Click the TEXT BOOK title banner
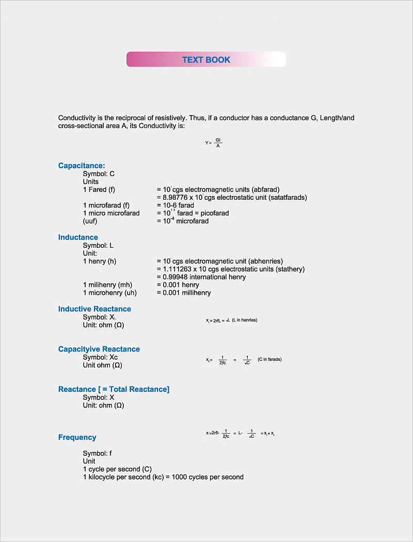pyautogui.click(x=206, y=59)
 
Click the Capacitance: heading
pyautogui.click(x=82, y=166)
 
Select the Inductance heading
pyautogui.click(x=78, y=237)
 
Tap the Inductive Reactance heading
pyautogui.click(x=94, y=309)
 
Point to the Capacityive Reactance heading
pyautogui.click(x=99, y=349)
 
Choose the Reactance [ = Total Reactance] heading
pyautogui.click(x=114, y=389)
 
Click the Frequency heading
pyautogui.click(x=77, y=437)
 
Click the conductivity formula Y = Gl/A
pyautogui.click(x=213, y=142)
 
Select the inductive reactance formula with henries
pyautogui.click(x=231, y=321)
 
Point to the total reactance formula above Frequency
pyautogui.click(x=240, y=434)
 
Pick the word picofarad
pyautogui.click(x=212, y=213)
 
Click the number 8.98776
pyautogui.click(x=178, y=197)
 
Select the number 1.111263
pyautogui.click(x=178, y=269)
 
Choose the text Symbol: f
pyautogui.click(x=98, y=453)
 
